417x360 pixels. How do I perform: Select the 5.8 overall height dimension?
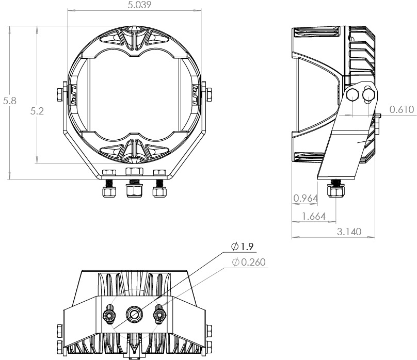10,101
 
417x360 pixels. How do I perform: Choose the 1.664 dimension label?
314,217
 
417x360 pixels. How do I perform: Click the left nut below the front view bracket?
109,192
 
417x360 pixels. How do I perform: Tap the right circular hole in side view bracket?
368,94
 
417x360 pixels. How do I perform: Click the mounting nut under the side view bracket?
336,193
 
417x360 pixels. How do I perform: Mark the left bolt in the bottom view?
109,313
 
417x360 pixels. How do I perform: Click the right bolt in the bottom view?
159,313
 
